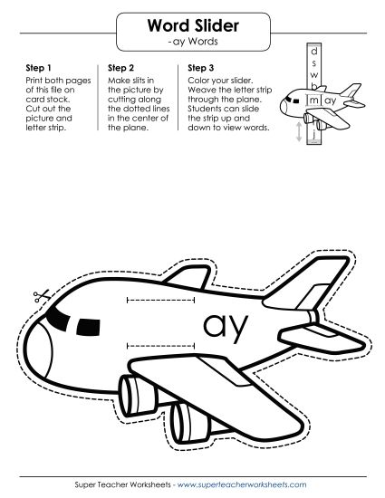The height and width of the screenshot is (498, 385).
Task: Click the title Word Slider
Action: click(x=193, y=25)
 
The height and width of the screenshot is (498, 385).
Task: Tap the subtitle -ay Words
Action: click(x=193, y=42)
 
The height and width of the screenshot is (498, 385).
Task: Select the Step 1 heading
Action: click(x=38, y=68)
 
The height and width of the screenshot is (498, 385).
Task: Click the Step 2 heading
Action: click(x=120, y=68)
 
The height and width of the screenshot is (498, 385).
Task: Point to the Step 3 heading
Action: click(x=201, y=68)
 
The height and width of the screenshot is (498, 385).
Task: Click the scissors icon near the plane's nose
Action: click(x=42, y=296)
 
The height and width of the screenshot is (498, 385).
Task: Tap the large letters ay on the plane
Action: click(x=226, y=327)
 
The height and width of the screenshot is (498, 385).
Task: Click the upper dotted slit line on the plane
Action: click(x=160, y=300)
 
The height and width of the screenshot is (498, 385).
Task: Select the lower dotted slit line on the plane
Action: click(x=160, y=346)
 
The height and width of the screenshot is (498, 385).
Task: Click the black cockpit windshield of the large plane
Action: click(x=58, y=318)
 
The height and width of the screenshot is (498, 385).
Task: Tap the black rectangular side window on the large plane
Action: click(x=88, y=328)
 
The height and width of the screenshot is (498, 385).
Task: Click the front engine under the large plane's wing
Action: click(x=139, y=396)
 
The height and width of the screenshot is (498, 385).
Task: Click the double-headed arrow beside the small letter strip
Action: click(x=299, y=132)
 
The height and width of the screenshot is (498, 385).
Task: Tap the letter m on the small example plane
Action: click(x=313, y=101)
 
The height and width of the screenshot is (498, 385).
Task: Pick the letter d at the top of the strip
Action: click(x=313, y=51)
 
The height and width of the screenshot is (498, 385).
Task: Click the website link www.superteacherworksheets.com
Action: click(x=242, y=484)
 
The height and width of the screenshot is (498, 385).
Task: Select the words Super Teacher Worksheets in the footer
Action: click(x=122, y=484)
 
